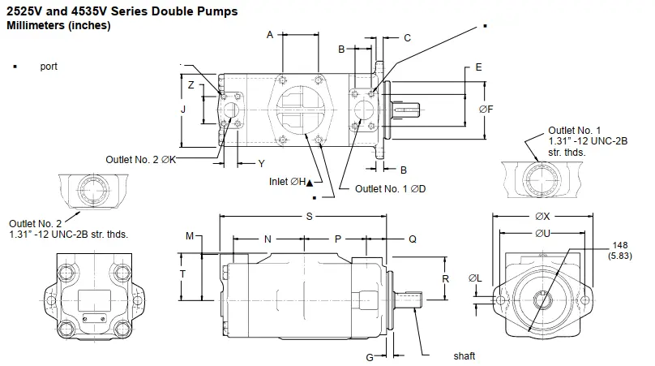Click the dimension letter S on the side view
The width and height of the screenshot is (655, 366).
click(x=309, y=216)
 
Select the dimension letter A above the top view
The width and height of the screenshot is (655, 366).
click(x=270, y=34)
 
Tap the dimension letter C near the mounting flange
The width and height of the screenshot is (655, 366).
click(x=407, y=37)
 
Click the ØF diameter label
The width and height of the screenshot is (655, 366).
click(x=486, y=108)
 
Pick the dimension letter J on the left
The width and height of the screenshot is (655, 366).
click(x=183, y=108)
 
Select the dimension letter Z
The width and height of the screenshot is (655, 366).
click(x=190, y=84)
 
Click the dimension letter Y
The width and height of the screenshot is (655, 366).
click(x=261, y=163)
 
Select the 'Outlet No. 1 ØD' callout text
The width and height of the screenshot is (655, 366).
click(x=391, y=188)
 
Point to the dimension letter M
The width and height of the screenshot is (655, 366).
click(x=190, y=236)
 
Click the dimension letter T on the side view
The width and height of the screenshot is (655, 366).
click(x=183, y=274)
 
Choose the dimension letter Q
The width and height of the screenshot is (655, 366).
click(x=412, y=239)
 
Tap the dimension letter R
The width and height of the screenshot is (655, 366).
click(x=445, y=278)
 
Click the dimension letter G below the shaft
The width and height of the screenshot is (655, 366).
click(x=370, y=356)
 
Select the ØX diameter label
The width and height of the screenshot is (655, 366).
click(x=542, y=217)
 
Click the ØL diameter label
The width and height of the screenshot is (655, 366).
click(x=476, y=279)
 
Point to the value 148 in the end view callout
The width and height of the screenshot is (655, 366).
click(x=622, y=246)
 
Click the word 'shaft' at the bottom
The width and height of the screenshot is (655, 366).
click(x=464, y=355)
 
